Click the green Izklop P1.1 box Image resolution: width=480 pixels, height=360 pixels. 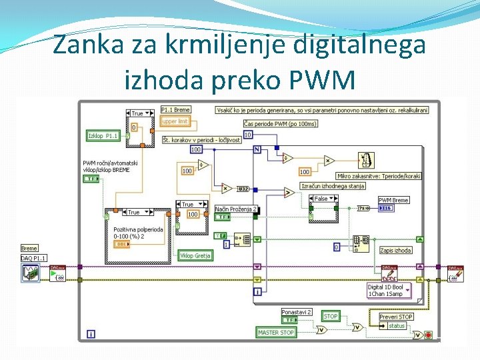click(103, 136)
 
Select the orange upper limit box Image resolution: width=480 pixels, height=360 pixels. click(175, 121)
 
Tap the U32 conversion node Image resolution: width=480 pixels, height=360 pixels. click(243, 189)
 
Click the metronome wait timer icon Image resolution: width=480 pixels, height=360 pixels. click(366, 160)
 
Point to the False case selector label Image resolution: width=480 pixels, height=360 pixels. click(321, 199)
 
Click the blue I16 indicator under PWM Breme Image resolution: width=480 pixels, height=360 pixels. click(385, 209)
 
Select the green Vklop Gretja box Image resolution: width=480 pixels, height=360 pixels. click(195, 256)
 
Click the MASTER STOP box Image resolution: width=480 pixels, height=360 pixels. click(276, 332)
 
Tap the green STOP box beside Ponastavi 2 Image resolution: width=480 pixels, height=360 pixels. click(331, 316)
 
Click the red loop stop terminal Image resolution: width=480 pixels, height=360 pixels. click(428, 335)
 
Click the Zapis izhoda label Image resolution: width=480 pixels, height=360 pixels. click(395, 251)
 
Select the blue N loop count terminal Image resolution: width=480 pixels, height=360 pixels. click(257, 149)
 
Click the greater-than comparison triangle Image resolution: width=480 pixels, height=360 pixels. click(289, 193)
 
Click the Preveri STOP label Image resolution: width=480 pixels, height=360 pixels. click(396, 317)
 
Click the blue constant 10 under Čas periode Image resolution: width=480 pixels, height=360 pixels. click(247, 135)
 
